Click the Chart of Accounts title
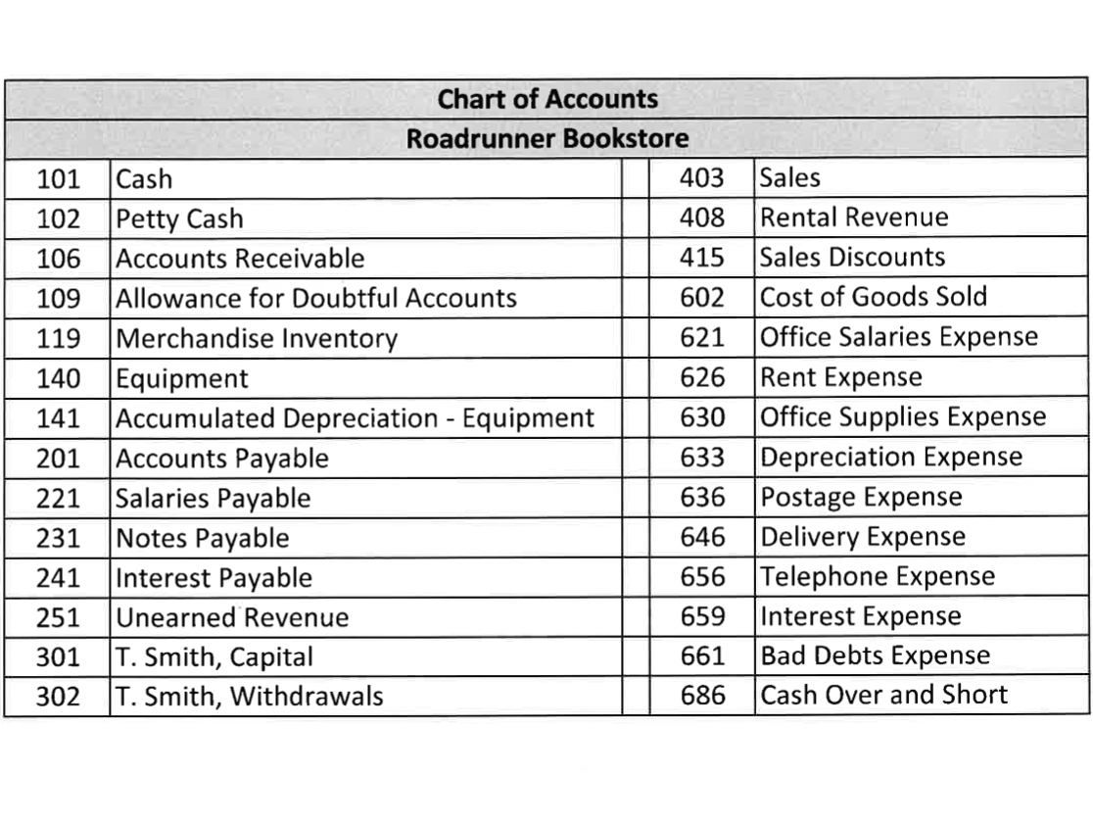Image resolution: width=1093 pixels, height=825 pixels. pyautogui.click(x=546, y=99)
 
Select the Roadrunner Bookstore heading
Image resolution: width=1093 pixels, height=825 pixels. pyautogui.click(x=546, y=138)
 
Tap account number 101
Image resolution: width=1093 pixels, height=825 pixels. pyautogui.click(x=58, y=179)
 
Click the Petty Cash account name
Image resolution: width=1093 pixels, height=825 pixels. pyautogui.click(x=179, y=219)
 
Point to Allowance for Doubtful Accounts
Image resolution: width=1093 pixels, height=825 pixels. pyautogui.click(x=315, y=298)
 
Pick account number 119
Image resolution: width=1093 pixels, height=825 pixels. pyautogui.click(x=58, y=339)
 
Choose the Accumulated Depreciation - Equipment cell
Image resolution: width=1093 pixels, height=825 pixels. pyautogui.click(x=355, y=418)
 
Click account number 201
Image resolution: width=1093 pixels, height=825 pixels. pyautogui.click(x=58, y=459)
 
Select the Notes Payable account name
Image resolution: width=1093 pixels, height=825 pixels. pyautogui.click(x=203, y=539)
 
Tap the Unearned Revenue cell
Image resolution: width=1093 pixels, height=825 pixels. pyautogui.click(x=232, y=618)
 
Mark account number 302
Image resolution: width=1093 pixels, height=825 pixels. pyautogui.click(x=58, y=697)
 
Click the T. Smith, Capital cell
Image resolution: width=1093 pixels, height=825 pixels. pyautogui.click(x=214, y=657)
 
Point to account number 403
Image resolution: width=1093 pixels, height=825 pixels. pyautogui.click(x=702, y=178)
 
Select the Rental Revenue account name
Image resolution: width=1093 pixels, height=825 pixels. pyautogui.click(x=854, y=218)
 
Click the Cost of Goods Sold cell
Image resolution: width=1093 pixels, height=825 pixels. pyautogui.click(x=874, y=297)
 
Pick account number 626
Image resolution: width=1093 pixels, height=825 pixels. pyautogui.click(x=702, y=378)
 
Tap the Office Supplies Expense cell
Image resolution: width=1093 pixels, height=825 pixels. pyautogui.click(x=903, y=417)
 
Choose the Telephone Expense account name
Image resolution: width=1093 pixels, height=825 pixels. pyautogui.click(x=878, y=577)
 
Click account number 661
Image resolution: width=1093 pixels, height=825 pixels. pyautogui.click(x=702, y=656)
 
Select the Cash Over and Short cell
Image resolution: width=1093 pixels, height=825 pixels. pyautogui.click(x=883, y=696)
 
